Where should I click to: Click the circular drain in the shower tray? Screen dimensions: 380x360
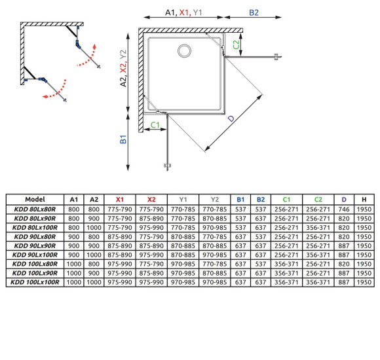(x=184, y=51)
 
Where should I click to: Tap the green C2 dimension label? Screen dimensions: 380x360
(x=236, y=45)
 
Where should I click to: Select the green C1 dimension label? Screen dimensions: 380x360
(x=155, y=125)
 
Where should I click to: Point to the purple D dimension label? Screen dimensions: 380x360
(x=231, y=118)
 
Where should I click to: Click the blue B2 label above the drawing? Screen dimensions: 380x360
(x=254, y=12)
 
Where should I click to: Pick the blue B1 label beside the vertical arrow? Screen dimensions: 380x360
(x=123, y=139)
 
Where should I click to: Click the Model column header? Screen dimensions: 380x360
(x=35, y=199)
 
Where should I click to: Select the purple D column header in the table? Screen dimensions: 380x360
(x=344, y=200)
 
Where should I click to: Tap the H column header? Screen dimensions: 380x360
(x=364, y=200)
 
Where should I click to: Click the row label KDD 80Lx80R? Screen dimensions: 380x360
(x=35, y=209)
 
